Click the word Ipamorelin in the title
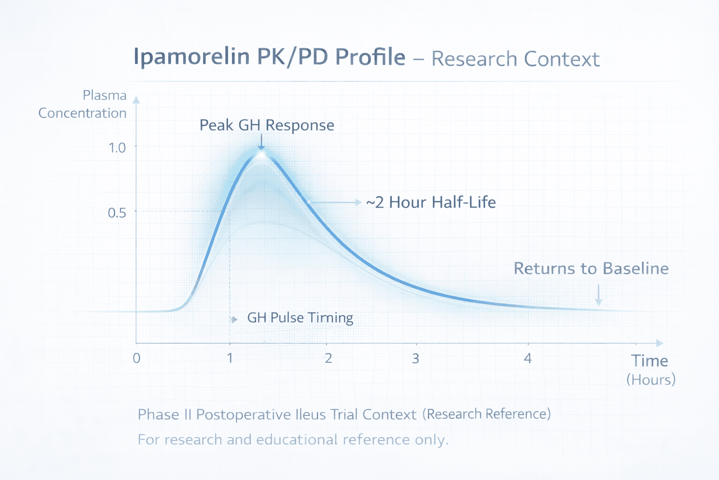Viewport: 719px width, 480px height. [191, 57]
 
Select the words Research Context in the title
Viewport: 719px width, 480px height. [515, 59]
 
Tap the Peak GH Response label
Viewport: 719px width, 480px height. [267, 125]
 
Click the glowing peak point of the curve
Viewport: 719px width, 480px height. [261, 152]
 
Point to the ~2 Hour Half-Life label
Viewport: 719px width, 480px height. [431, 202]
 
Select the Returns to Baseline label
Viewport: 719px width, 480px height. [591, 269]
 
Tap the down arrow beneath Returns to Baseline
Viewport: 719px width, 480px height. [598, 296]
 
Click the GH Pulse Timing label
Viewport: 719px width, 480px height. [300, 318]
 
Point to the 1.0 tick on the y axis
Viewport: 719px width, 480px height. [117, 148]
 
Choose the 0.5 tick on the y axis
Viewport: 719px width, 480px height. [117, 213]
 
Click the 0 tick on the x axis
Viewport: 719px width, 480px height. [136, 359]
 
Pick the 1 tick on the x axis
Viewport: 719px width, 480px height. [230, 359]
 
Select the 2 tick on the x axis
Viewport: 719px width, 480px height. [328, 359]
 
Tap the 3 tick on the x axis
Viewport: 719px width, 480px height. [415, 359]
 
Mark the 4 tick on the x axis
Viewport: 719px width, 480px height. [528, 359]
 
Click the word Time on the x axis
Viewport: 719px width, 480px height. [649, 361]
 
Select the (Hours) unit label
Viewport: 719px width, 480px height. [651, 379]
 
